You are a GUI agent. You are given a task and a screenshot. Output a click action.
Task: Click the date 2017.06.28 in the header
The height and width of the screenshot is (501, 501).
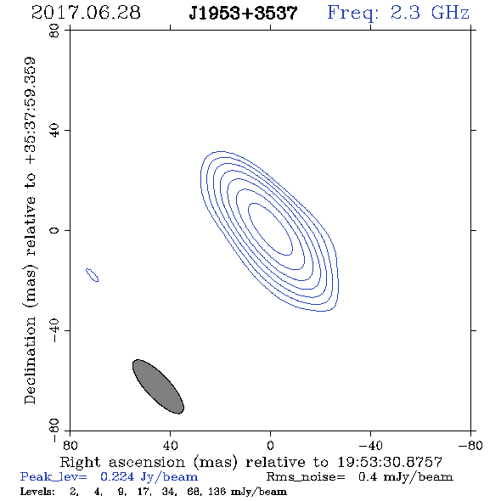point(86,13)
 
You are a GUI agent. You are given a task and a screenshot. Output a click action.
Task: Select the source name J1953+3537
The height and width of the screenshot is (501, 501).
point(243,14)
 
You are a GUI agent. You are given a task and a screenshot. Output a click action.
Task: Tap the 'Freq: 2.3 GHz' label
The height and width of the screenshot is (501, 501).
point(398,14)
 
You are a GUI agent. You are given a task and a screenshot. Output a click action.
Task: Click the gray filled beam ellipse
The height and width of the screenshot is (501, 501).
point(158,386)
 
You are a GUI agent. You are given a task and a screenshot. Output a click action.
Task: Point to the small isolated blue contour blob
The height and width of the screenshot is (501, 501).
point(92,275)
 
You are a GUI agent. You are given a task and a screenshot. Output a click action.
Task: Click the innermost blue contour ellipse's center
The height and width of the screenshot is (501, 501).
point(270,229)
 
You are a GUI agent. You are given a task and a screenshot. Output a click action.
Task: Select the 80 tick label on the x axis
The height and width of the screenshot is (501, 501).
point(70,446)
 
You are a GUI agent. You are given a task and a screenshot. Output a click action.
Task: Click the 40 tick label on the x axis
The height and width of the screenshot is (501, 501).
point(170,446)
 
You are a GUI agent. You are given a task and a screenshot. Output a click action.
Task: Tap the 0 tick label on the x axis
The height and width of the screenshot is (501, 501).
point(270,446)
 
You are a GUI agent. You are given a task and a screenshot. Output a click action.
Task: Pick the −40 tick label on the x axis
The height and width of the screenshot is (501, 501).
point(370,446)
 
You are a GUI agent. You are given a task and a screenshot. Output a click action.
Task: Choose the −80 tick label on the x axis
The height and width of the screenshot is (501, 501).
point(470,446)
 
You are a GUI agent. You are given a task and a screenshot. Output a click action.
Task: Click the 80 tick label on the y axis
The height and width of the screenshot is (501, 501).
point(54,31)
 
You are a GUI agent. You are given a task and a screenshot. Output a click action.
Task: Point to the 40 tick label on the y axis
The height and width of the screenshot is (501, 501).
point(54,131)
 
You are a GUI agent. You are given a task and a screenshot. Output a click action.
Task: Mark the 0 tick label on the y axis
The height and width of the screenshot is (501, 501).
point(54,230)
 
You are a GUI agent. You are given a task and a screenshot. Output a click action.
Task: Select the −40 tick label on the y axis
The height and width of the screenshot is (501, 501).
point(54,330)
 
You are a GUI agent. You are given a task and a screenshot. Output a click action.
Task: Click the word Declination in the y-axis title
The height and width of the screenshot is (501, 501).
point(30,360)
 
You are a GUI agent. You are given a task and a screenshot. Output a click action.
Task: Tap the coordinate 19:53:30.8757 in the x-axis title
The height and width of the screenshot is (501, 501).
point(390,462)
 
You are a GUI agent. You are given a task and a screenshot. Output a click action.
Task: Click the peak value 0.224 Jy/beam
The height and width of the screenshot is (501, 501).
point(149,477)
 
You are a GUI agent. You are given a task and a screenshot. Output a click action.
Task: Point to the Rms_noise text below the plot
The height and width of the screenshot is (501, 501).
point(306,477)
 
